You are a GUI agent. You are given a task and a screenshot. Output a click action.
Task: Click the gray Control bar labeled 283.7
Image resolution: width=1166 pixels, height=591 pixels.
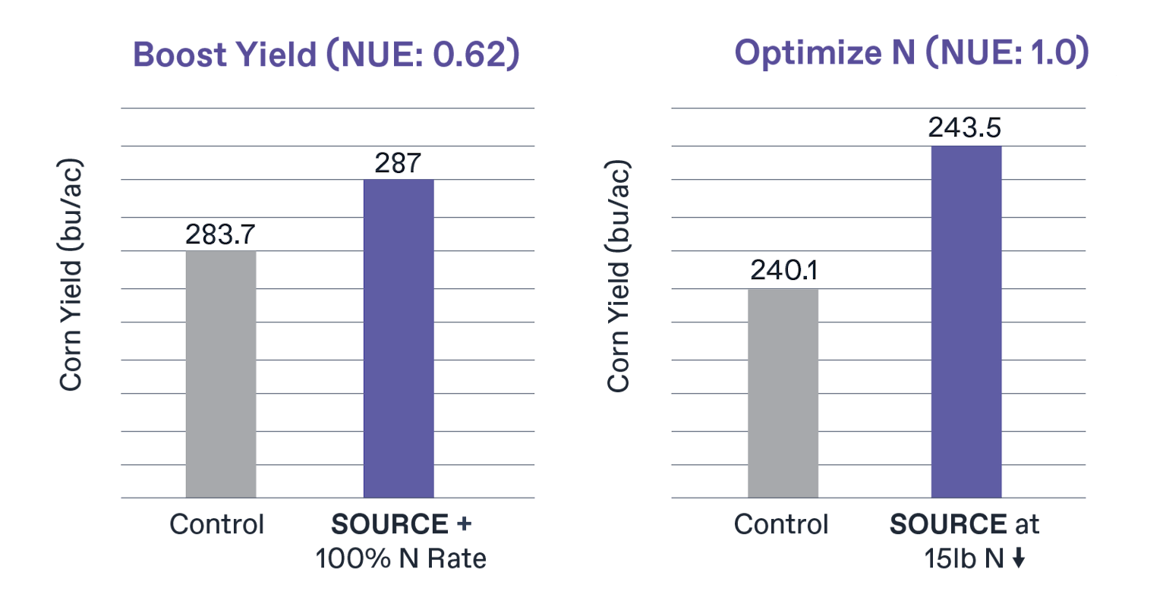pyautogui.click(x=221, y=374)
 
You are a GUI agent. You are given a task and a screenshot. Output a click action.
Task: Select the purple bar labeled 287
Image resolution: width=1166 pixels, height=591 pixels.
pyautogui.click(x=399, y=338)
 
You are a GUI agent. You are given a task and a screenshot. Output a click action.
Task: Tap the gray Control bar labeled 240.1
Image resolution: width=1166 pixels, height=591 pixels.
pyautogui.click(x=783, y=393)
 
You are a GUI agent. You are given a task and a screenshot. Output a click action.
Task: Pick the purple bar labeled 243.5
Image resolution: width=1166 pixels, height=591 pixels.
pyautogui.click(x=966, y=322)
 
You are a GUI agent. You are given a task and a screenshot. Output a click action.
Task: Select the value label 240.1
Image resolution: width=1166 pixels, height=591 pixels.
pyautogui.click(x=783, y=272)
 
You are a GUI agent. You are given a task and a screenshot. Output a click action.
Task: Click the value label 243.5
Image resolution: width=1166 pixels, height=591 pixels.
pyautogui.click(x=966, y=127)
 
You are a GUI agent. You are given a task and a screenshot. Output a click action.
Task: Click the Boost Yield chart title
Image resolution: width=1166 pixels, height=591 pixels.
pyautogui.click(x=328, y=55)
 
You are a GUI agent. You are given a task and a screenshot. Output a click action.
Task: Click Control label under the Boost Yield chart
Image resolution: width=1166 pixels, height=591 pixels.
pyautogui.click(x=217, y=524)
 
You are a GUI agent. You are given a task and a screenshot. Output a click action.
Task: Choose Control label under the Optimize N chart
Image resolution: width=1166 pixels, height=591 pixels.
pyautogui.click(x=781, y=524)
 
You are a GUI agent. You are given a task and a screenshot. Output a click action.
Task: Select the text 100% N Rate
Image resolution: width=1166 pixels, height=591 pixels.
pyautogui.click(x=400, y=559)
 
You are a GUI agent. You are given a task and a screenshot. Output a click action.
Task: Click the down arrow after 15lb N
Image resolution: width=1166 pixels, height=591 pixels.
pyautogui.click(x=1019, y=559)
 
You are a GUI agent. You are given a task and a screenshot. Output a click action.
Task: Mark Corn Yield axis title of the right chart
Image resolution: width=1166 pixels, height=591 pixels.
pyautogui.click(x=619, y=276)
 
